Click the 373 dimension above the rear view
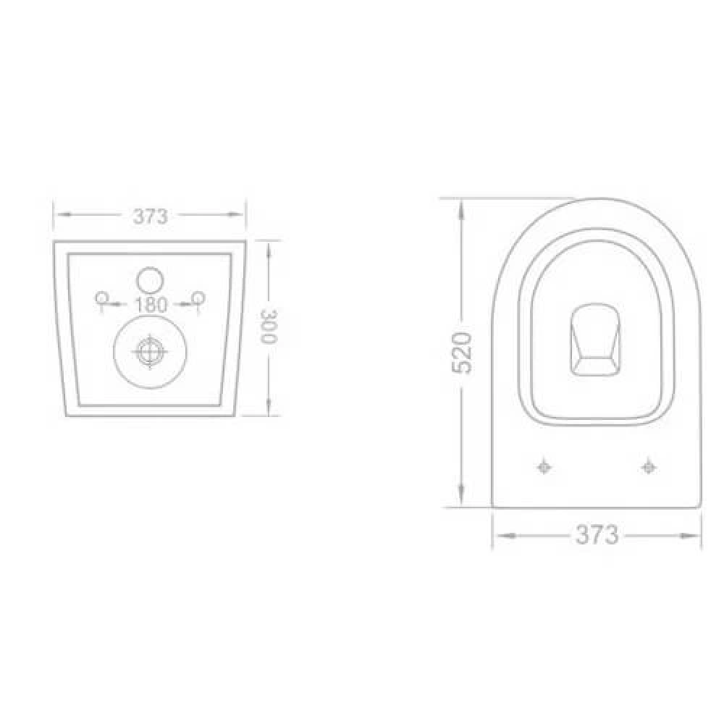point(150,216)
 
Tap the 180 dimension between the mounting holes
point(151,305)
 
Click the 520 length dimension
point(462,353)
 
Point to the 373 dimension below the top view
point(597,535)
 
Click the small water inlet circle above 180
point(151,280)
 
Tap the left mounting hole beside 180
point(101,297)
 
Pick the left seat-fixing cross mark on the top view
point(545,467)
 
